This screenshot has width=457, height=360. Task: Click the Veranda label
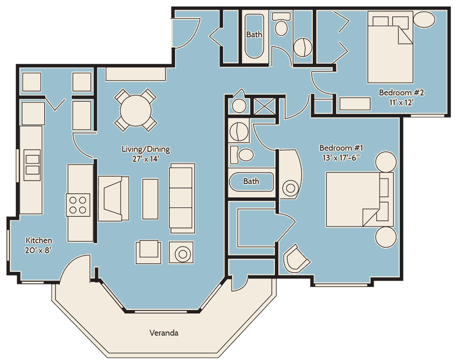coord(164,332)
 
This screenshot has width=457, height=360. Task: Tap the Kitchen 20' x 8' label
coord(38,245)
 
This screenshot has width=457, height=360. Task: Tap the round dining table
coord(136,110)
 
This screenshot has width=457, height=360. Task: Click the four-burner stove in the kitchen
coord(78,205)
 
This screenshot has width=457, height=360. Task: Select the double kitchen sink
coord(32,165)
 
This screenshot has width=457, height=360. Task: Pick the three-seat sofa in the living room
coord(182,198)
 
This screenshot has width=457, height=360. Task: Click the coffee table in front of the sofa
coord(150,199)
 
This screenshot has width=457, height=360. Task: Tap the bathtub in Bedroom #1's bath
coord(251,182)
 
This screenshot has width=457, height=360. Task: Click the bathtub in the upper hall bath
coord(254,36)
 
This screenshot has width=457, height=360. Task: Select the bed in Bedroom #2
coord(390,47)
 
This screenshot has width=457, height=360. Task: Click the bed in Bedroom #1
coord(359,199)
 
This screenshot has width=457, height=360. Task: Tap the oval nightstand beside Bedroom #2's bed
coord(425,20)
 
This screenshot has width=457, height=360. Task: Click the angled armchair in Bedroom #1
coord(296,259)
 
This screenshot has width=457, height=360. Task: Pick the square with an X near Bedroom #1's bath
coord(265,106)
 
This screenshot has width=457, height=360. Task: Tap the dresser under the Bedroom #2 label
coord(355,104)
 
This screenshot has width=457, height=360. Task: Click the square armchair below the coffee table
coord(148,252)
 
